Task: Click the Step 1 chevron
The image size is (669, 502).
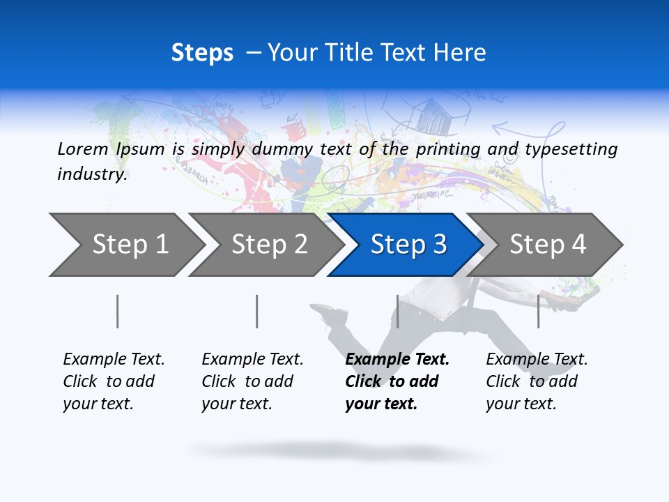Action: (125, 245)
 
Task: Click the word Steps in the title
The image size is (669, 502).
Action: (202, 53)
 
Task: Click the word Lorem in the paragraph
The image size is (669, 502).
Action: (83, 149)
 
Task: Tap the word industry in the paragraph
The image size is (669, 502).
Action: (91, 174)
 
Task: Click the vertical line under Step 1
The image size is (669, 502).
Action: (117, 311)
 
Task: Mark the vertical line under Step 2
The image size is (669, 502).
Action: (256, 311)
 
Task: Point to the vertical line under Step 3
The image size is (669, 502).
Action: (397, 311)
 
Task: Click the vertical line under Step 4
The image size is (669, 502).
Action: (538, 311)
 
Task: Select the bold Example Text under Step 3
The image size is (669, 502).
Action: (397, 381)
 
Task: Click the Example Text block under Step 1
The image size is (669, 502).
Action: (114, 381)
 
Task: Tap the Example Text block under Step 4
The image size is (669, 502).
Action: (537, 381)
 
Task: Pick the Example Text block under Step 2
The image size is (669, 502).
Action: (252, 381)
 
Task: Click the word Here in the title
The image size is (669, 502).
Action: (459, 53)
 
